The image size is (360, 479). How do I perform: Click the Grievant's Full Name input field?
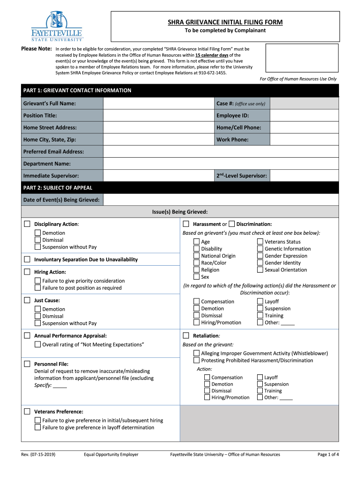pos(158,103)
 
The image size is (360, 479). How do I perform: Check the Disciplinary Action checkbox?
pos(27,224)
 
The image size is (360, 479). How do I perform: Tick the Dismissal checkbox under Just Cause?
pos(37,316)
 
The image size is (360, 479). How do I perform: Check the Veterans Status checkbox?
pos(260,242)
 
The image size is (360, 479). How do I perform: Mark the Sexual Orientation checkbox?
pos(260,270)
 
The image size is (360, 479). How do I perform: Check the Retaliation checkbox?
pos(186,336)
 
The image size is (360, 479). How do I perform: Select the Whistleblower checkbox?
pos(197,353)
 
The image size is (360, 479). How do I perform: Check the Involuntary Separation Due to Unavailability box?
pos(27,260)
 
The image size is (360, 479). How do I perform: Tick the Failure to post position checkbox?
pos(37,288)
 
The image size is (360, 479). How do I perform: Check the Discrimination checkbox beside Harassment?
pos(232,224)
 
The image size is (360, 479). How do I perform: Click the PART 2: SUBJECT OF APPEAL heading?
pos(58,188)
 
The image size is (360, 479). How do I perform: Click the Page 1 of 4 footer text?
pos(328,454)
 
